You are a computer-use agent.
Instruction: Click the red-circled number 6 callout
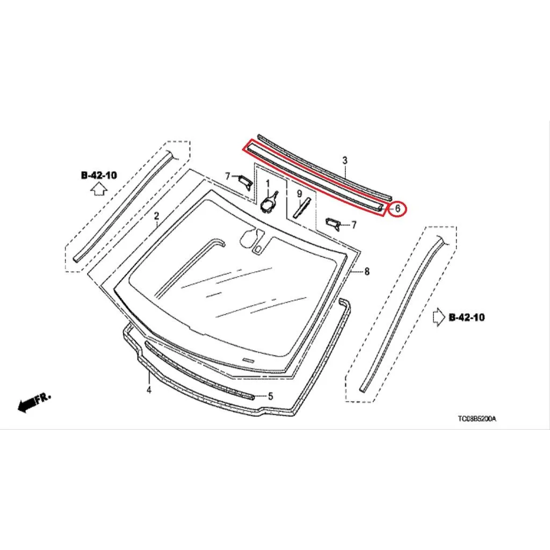[x=397, y=208]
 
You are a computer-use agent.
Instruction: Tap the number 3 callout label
[x=345, y=160]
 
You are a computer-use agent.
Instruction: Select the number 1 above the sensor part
[x=268, y=184]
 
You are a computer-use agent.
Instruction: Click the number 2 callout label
[x=157, y=216]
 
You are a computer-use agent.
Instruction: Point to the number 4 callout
[x=149, y=389]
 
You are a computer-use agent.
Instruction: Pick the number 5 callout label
[x=271, y=396]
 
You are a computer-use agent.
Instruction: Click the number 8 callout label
[x=367, y=271]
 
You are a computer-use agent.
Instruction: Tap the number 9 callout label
[x=299, y=193]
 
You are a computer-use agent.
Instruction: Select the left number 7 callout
[x=228, y=176]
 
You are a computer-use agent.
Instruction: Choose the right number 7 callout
[x=354, y=225]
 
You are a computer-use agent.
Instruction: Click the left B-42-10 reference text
[x=99, y=175]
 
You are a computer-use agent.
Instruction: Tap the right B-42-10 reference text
[x=467, y=317]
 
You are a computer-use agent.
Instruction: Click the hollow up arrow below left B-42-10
[x=99, y=190]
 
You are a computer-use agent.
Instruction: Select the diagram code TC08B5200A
[x=477, y=418]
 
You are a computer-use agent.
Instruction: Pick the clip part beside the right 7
[x=333, y=223]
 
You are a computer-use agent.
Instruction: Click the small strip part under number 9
[x=302, y=208]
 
